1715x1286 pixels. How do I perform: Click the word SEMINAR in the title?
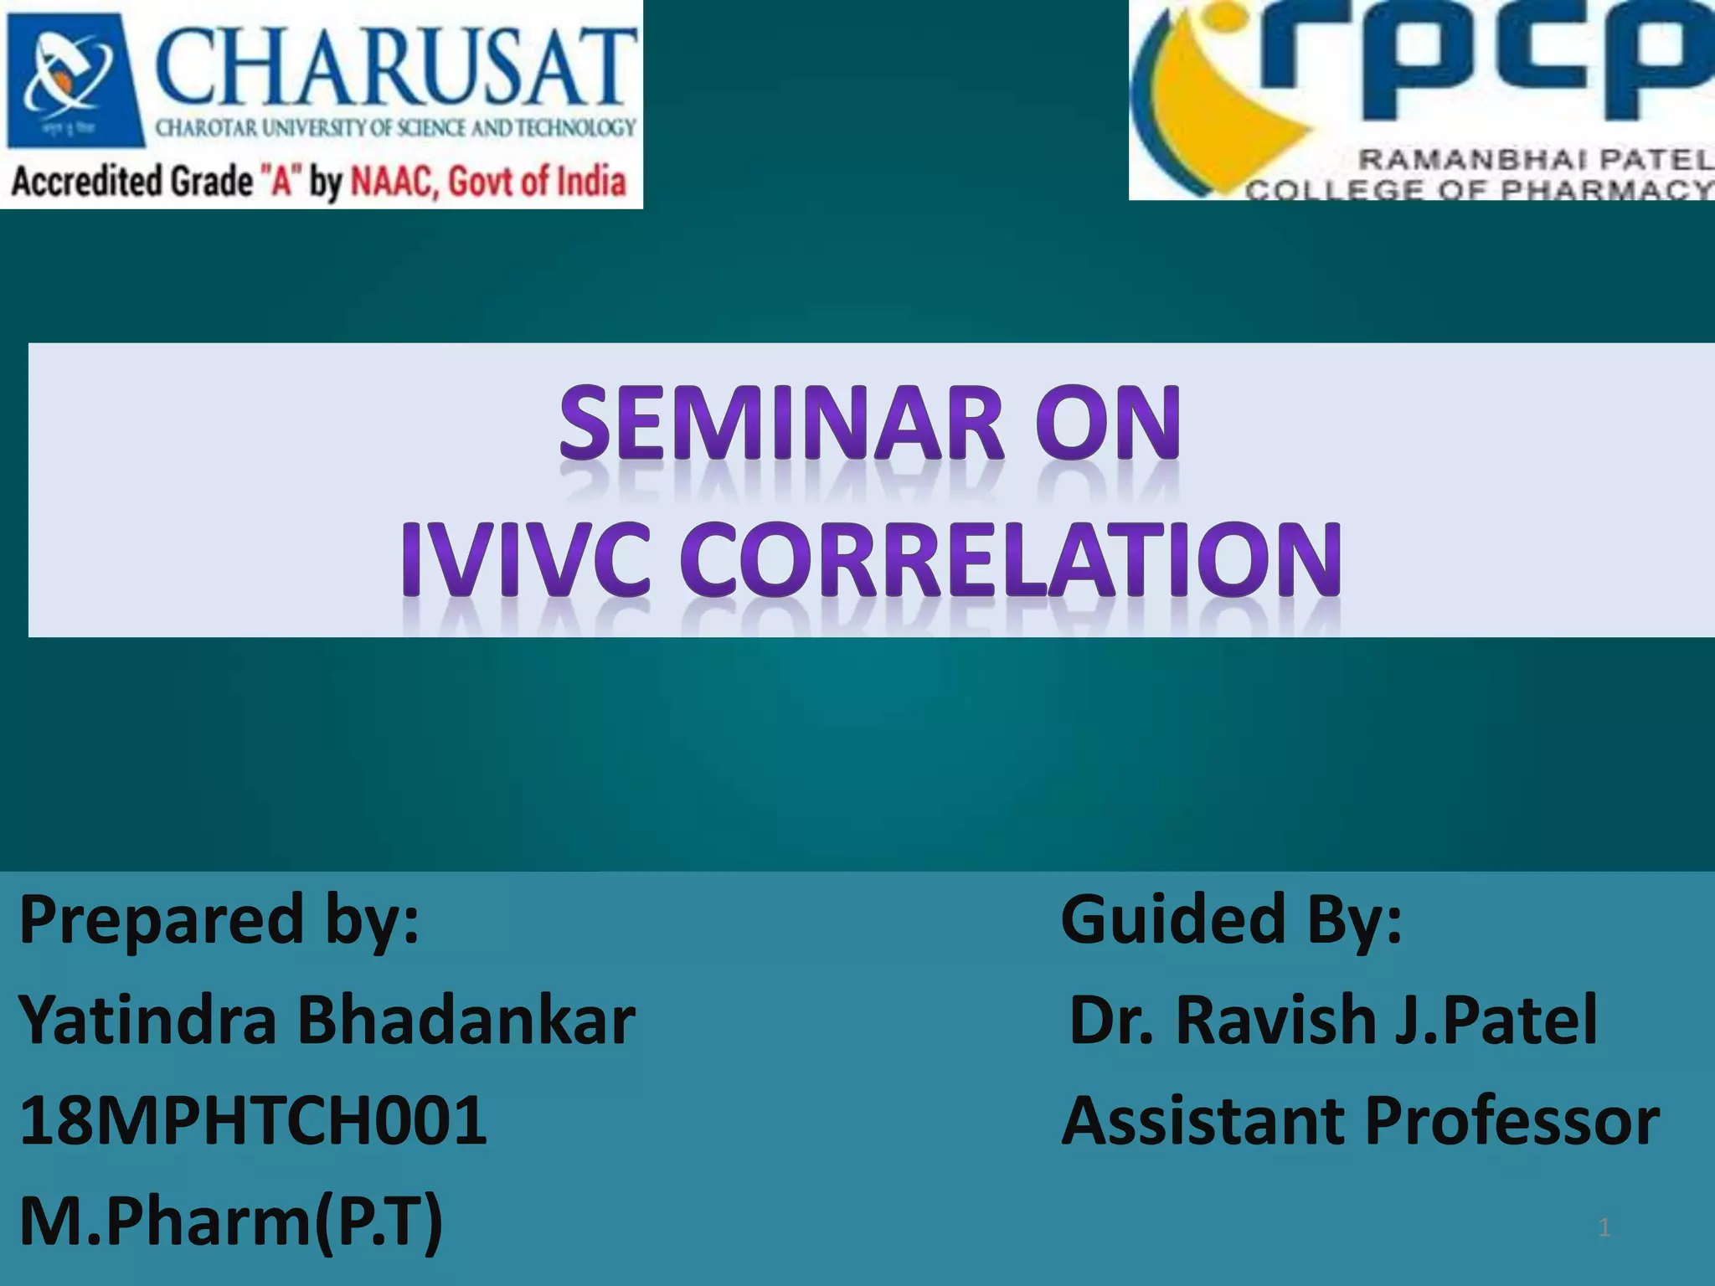[781, 423]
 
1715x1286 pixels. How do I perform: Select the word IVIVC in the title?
[525, 559]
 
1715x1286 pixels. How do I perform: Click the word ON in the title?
[1107, 423]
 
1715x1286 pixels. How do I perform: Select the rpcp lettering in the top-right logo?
[1516, 63]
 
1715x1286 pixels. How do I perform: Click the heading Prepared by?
[219, 919]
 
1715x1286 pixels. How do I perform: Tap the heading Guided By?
[1231, 919]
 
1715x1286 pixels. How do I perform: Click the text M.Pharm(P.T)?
[230, 1222]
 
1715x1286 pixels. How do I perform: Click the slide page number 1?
[1604, 1228]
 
